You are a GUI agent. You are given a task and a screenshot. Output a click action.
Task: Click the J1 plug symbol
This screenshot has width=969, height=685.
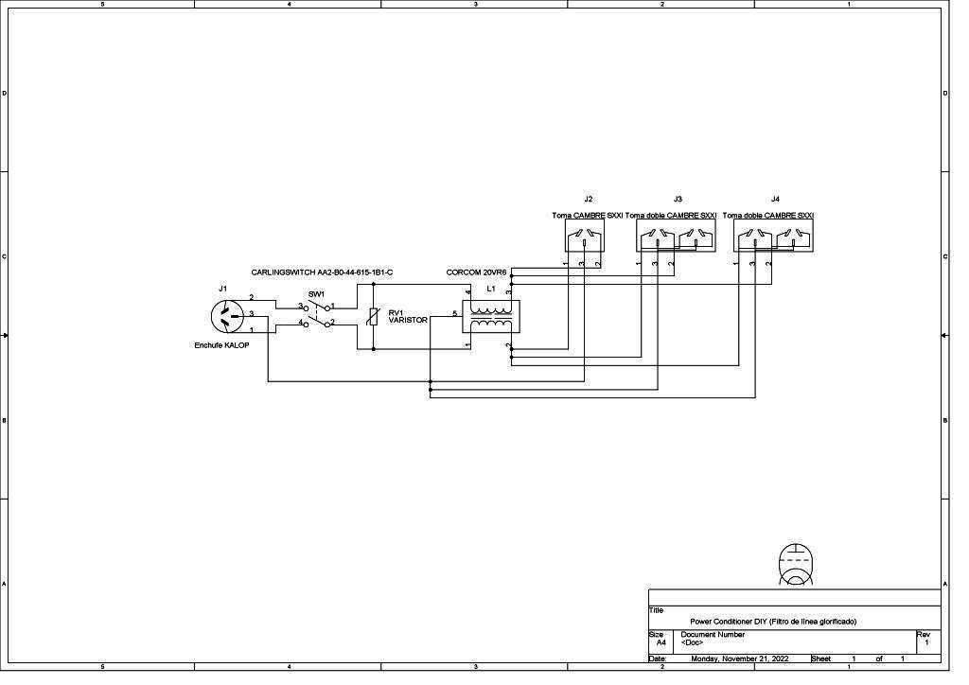click(x=226, y=316)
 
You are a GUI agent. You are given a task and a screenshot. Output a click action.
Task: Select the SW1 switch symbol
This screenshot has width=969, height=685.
click(x=317, y=315)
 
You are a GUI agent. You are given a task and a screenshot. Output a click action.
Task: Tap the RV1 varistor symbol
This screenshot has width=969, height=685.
click(x=373, y=317)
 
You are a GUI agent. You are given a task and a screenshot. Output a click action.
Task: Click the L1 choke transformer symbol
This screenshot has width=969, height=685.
click(x=490, y=316)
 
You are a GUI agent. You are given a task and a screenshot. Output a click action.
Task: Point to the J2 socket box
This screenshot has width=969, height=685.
click(x=584, y=236)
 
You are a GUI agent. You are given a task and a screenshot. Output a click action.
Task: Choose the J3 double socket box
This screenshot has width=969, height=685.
click(x=677, y=236)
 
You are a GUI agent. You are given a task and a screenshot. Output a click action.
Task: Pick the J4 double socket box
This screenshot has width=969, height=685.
click(x=773, y=236)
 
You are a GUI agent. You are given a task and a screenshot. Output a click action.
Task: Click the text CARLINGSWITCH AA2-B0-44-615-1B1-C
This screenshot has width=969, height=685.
click(x=322, y=272)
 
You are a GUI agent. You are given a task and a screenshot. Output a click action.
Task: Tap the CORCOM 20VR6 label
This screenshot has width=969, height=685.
click(x=476, y=272)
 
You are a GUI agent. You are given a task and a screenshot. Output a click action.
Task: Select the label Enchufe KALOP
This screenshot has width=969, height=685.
click(x=221, y=345)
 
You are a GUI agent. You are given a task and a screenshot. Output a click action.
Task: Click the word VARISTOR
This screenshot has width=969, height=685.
click(x=407, y=321)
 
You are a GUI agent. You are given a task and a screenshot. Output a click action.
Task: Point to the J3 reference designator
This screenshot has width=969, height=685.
click(x=678, y=200)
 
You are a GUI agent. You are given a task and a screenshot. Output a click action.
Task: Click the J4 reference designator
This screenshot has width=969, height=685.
click(x=775, y=200)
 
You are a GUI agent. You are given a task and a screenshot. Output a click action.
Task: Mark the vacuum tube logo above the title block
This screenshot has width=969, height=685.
click(x=796, y=564)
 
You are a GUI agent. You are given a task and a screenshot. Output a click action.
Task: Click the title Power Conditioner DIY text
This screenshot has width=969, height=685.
click(x=772, y=622)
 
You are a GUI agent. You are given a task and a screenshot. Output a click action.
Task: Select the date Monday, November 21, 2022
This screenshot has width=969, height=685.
click(x=739, y=659)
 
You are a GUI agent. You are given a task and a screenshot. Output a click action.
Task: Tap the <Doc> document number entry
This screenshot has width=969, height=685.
click(x=691, y=642)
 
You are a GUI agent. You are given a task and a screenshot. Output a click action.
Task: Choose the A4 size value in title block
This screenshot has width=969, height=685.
click(x=661, y=642)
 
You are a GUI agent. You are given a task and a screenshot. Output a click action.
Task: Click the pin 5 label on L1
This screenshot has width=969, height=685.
click(x=455, y=313)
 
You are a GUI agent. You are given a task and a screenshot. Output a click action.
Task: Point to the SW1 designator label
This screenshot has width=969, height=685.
click(x=316, y=294)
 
